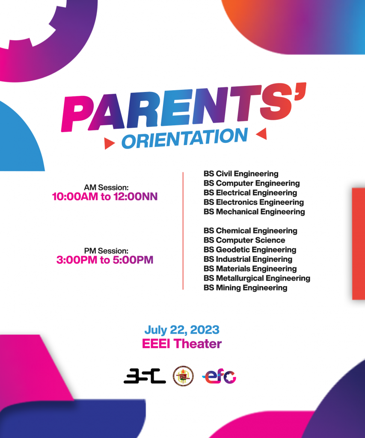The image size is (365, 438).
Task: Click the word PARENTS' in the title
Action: click(x=184, y=107)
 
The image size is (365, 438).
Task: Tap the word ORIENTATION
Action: click(x=185, y=138)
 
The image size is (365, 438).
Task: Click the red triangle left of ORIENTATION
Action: click(x=109, y=143)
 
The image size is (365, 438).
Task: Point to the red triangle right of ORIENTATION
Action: click(x=262, y=133)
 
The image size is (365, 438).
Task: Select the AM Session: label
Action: click(x=106, y=187)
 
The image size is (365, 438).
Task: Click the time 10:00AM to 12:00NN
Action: click(x=105, y=197)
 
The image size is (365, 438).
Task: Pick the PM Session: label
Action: click(x=106, y=251)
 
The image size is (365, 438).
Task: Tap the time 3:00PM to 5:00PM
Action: click(x=105, y=260)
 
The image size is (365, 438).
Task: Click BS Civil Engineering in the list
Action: click(x=241, y=174)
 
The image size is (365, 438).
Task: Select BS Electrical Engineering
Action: click(x=250, y=193)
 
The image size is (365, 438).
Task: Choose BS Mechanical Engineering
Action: click(x=254, y=212)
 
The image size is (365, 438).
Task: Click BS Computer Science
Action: click(x=244, y=240)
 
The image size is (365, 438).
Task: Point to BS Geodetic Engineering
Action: click(x=250, y=250)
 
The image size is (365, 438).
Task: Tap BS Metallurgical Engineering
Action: click(x=257, y=278)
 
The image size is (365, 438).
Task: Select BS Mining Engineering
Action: click(x=245, y=288)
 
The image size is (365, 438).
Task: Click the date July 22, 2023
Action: click(x=182, y=330)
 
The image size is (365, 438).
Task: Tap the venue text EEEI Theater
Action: click(x=182, y=344)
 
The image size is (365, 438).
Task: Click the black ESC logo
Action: click(x=145, y=376)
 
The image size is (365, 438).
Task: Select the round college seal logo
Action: click(x=183, y=376)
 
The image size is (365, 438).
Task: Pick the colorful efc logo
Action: click(x=219, y=376)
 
